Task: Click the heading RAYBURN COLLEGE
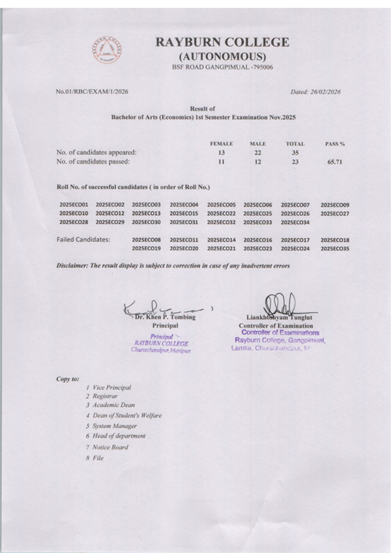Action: (222, 42)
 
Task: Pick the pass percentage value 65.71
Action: (334, 162)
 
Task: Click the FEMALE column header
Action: (221, 143)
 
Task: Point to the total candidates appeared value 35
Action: (295, 152)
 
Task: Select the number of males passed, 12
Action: (257, 162)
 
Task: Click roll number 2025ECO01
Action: (74, 205)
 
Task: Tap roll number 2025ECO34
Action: (295, 222)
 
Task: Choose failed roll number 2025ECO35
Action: (335, 248)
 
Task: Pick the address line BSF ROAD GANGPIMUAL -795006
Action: (222, 67)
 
